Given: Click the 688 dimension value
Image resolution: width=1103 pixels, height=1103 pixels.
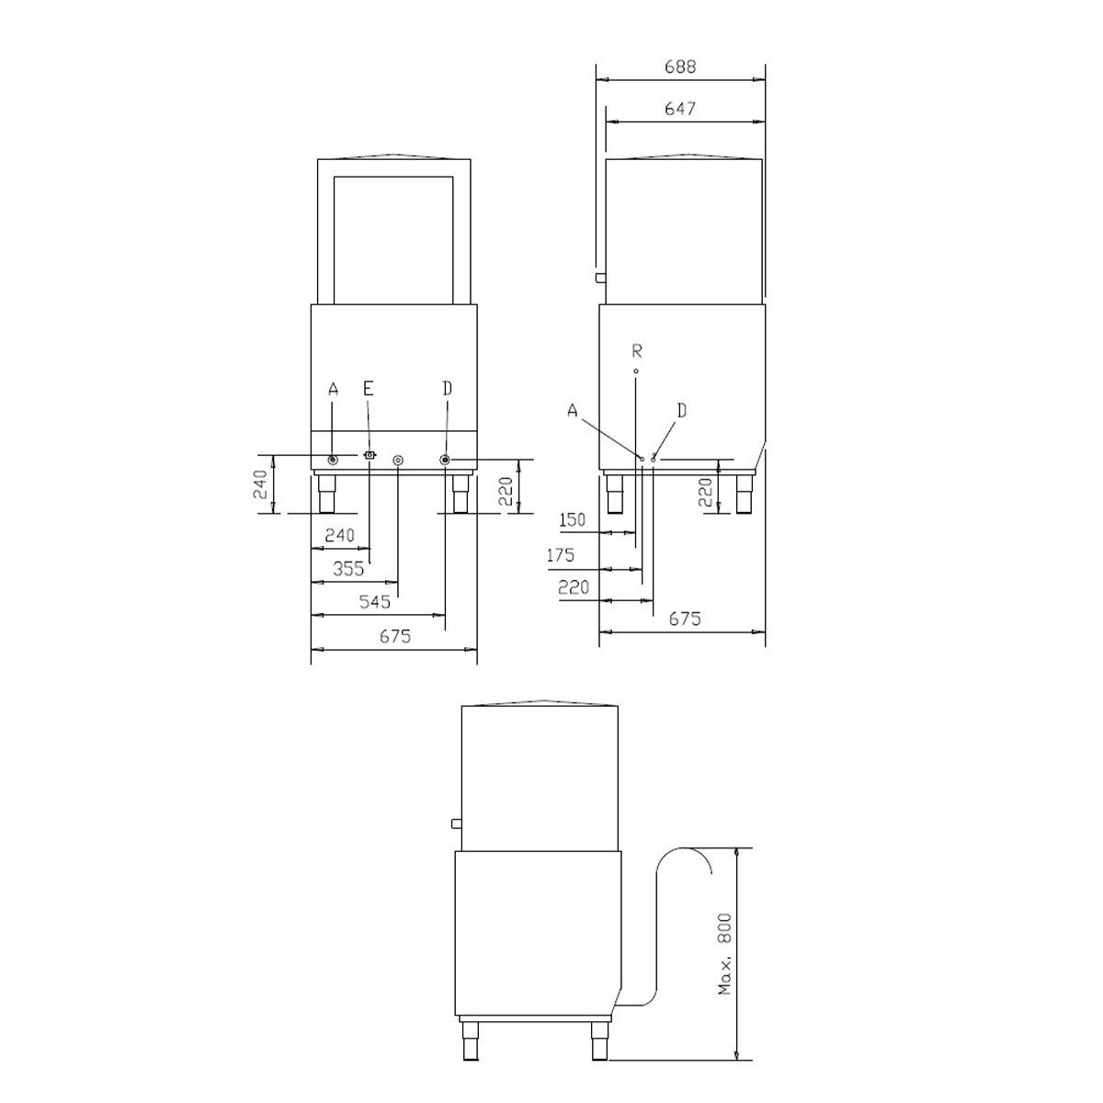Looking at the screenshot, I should [x=680, y=66].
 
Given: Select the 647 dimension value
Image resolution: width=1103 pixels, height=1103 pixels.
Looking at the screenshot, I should [x=680, y=108].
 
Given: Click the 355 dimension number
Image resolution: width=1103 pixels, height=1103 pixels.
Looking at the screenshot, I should [x=348, y=569].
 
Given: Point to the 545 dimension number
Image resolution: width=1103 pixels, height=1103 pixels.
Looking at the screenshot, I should [x=375, y=602].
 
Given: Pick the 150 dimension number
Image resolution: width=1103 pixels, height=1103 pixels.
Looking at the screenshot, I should [x=572, y=520].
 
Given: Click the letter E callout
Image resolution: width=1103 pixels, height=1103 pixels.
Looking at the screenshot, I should [x=368, y=389].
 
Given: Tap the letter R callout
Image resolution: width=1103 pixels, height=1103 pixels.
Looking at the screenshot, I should [x=636, y=349].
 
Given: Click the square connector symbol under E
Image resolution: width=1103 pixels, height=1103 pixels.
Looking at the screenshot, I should [x=370, y=456].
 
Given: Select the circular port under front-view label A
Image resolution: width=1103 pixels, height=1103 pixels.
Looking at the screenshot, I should [x=333, y=460].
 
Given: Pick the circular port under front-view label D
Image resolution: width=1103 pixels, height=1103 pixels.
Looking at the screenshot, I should [x=446, y=460].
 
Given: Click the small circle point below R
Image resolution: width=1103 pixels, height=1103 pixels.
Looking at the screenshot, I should [x=635, y=371].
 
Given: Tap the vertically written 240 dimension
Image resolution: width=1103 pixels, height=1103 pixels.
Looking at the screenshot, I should [x=260, y=485].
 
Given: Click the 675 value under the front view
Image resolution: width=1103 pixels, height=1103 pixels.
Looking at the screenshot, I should [x=394, y=635].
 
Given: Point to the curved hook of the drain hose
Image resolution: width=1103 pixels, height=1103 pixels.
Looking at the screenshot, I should [x=685, y=855].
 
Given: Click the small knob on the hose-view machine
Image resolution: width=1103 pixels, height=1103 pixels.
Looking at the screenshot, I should [x=455, y=822].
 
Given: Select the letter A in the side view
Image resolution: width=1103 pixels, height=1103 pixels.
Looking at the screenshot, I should [x=573, y=412].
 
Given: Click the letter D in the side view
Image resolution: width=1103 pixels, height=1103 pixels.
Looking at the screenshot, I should [x=681, y=410].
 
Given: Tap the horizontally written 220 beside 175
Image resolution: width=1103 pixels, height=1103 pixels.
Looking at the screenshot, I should [x=573, y=588].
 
